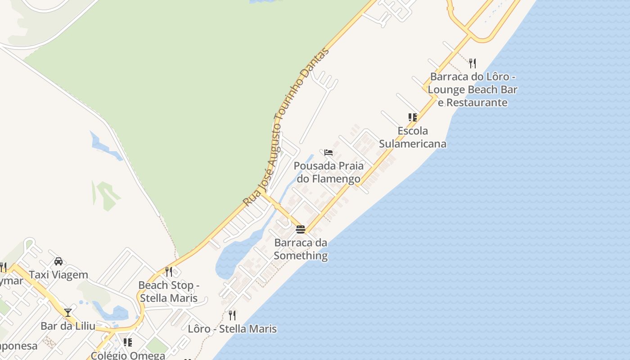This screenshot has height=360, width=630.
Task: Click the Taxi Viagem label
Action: [58, 274]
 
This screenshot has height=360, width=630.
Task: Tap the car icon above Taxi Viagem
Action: [58, 261]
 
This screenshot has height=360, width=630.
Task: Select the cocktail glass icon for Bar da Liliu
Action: [68, 312]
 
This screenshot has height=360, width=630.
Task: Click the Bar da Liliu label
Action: [68, 326]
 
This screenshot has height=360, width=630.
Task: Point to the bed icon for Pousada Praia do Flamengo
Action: [328, 153]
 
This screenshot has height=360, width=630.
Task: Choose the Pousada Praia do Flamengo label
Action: [328, 172]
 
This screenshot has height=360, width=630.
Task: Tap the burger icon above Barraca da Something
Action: [301, 229]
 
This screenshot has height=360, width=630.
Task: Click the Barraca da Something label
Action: [301, 249]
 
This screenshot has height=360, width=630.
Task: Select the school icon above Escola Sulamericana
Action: [413, 117]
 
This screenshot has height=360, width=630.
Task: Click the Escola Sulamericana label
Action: [413, 137]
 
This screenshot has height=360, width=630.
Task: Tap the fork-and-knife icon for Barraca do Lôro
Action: [472, 63]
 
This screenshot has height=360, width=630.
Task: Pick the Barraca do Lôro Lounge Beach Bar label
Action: [472, 90]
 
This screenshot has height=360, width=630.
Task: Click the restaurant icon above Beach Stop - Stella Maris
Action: [169, 272]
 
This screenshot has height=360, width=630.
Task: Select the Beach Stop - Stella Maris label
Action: [169, 292]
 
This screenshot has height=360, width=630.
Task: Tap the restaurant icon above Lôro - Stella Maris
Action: [232, 315]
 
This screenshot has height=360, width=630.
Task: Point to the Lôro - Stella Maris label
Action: [232, 329]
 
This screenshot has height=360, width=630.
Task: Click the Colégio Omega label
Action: [128, 355]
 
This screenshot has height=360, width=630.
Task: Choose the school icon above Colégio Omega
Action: [128, 342]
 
